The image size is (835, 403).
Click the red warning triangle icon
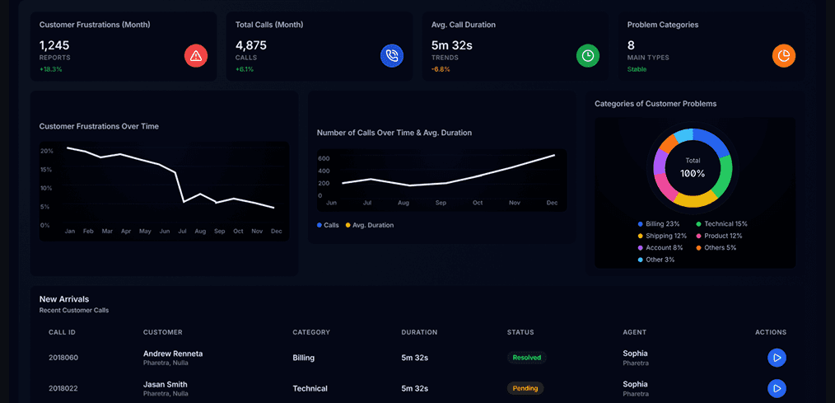pyautogui.click(x=196, y=56)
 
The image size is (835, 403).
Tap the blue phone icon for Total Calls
pyautogui.click(x=392, y=56)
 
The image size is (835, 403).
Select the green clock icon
pyautogui.click(x=588, y=56)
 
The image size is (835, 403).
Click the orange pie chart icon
pyautogui.click(x=784, y=56)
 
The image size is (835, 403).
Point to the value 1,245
pyautogui.click(x=54, y=45)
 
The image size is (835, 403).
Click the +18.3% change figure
pyautogui.click(x=51, y=69)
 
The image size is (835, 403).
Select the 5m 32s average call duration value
pyautogui.click(x=452, y=45)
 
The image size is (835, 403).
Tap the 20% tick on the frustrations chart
pyautogui.click(x=46, y=151)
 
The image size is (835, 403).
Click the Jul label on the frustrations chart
pyautogui.click(x=182, y=232)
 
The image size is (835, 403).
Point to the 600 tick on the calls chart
pyautogui.click(x=324, y=158)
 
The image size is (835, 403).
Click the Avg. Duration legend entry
pyautogui.click(x=370, y=225)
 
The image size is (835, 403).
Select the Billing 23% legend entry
pyautogui.click(x=662, y=224)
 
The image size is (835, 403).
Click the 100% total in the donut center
pyautogui.click(x=693, y=174)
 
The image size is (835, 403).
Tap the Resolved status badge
pyautogui.click(x=527, y=358)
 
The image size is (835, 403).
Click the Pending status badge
pyautogui.click(x=525, y=388)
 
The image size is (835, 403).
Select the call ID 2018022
pyautogui.click(x=63, y=388)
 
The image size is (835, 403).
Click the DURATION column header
pyautogui.click(x=419, y=332)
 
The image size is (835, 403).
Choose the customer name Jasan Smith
pyautogui.click(x=166, y=384)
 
